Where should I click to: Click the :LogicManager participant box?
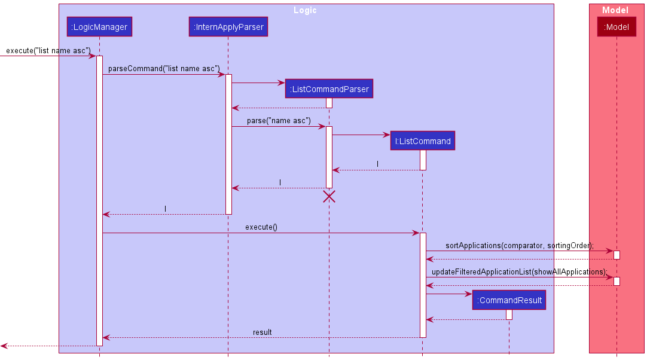[99, 27]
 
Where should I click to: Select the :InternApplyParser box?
[228, 27]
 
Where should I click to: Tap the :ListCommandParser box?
[329, 89]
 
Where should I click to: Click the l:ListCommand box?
[422, 141]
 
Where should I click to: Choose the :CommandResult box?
[509, 300]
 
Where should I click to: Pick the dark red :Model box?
[617, 27]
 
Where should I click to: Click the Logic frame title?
[306, 10]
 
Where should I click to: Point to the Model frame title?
[615, 10]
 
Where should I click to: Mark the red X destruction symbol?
[329, 197]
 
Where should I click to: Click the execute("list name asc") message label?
[48, 50]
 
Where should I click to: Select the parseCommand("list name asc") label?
[164, 69]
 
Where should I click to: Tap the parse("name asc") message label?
[279, 121]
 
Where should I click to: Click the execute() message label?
[261, 227]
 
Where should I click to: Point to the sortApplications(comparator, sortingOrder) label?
[519, 246]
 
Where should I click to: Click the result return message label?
[262, 332]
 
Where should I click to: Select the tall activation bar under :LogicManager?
[99, 200]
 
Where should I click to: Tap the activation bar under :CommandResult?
[509, 315]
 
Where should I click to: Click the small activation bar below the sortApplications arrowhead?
[617, 255]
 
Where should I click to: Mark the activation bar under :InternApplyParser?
[228, 144]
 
